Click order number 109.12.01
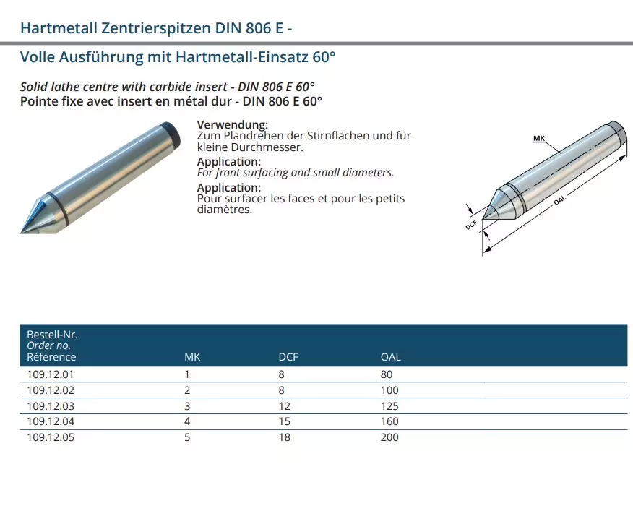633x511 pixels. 51,374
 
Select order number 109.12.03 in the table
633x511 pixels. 51,406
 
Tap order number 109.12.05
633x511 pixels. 51,437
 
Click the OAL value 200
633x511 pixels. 389,437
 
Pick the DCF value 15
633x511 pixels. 284,421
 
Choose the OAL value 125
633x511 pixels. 389,406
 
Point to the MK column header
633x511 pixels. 192,357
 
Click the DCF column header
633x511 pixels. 288,357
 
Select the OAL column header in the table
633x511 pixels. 391,357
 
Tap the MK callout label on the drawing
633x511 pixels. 539,139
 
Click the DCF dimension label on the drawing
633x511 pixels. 472,225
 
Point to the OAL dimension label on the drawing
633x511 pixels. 560,200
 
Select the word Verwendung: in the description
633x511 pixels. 233,124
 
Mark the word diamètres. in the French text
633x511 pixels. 225,210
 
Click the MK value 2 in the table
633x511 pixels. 187,390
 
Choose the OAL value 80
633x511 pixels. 387,374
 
